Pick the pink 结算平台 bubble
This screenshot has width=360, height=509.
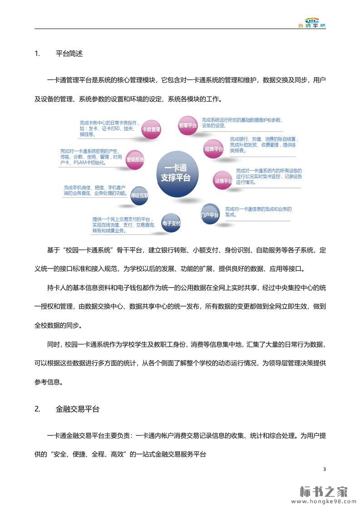tap(213, 148)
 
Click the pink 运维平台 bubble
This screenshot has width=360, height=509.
tap(223, 181)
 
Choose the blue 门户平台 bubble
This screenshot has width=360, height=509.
tap(210, 215)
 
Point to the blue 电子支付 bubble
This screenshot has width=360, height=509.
tap(171, 223)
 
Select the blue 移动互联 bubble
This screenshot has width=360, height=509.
tap(139, 195)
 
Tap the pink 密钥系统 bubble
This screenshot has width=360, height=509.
tap(135, 159)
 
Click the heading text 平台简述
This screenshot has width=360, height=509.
tap(69, 53)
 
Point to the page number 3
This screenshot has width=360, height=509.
tap(324, 469)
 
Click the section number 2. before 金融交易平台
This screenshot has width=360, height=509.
tap(38, 409)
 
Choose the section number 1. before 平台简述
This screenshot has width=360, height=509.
tap(38, 53)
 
